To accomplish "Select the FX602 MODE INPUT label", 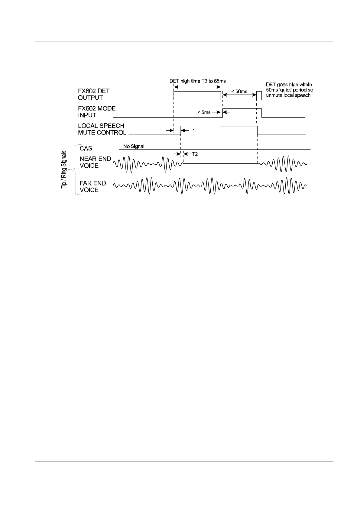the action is point(97,111).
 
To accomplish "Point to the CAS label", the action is point(86,148).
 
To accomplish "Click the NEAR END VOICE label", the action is point(95,162).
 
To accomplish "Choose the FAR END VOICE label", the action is point(93,186).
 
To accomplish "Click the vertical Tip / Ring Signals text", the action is point(64,170).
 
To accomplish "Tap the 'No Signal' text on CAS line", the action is point(134,146).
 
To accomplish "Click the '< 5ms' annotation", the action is point(204,112).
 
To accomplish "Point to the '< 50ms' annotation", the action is point(239,91).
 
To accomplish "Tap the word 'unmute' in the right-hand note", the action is point(274,95).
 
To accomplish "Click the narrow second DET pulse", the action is point(259,92).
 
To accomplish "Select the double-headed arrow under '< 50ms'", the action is point(239,96).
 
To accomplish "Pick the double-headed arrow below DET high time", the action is point(197,86).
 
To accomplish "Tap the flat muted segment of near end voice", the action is point(220,163).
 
